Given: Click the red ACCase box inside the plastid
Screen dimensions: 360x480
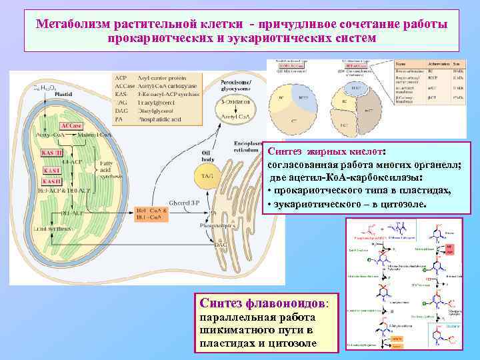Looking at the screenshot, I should point(72,125).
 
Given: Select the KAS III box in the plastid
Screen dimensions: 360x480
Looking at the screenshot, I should point(52,153).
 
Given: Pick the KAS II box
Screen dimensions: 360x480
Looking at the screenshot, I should point(51,181).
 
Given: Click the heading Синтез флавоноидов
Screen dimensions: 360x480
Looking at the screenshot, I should point(265,302).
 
